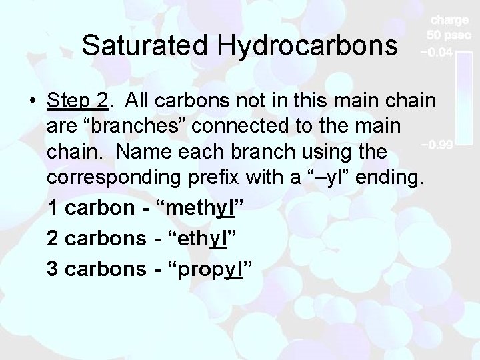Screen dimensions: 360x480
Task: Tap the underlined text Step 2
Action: [77, 101]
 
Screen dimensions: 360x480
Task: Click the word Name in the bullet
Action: [141, 153]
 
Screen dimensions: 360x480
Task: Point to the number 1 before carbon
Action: [53, 208]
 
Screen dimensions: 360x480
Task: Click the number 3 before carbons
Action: [53, 268]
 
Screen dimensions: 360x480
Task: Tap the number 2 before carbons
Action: [53, 238]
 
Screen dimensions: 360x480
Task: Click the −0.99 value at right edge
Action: [437, 144]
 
